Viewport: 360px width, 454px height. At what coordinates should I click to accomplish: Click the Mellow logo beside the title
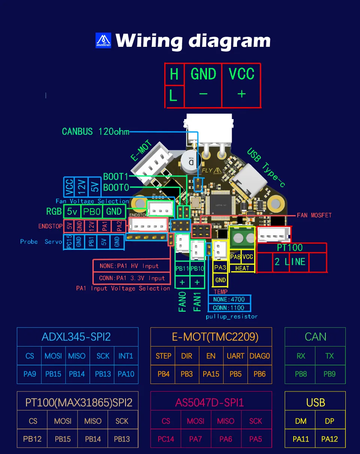(x=103, y=40)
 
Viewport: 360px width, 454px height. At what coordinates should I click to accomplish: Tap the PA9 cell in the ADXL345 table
(x=30, y=374)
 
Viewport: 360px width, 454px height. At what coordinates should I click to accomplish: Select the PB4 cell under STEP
(x=163, y=374)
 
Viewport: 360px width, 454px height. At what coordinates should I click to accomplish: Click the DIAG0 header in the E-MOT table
(x=259, y=356)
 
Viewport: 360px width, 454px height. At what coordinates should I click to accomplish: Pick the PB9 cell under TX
(x=329, y=374)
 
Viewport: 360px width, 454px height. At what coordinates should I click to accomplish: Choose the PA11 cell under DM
(x=301, y=439)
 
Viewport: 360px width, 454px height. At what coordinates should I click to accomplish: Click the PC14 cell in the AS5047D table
(x=166, y=439)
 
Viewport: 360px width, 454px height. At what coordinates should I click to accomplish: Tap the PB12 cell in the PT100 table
(x=32, y=439)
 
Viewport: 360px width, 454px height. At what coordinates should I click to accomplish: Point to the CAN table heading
(x=315, y=337)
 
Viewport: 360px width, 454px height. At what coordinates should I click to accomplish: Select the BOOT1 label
(x=115, y=177)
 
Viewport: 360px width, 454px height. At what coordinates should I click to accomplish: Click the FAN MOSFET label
(x=314, y=215)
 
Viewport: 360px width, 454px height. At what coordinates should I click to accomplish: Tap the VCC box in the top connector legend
(x=241, y=74)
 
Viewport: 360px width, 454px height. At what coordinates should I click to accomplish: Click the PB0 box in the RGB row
(x=91, y=211)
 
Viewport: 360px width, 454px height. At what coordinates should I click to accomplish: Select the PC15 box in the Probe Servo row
(x=69, y=241)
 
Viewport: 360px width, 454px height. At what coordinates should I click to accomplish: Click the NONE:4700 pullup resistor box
(x=229, y=299)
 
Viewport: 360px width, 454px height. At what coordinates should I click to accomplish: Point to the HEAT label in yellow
(x=242, y=268)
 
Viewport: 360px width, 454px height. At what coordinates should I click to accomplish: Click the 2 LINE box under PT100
(x=290, y=261)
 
